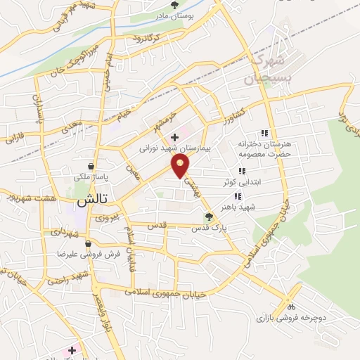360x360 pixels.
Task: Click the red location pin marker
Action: [x=181, y=166]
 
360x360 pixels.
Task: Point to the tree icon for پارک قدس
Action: [x=207, y=217]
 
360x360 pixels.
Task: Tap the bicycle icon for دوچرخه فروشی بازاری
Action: [x=291, y=306]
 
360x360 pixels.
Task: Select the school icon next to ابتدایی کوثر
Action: [x=241, y=170]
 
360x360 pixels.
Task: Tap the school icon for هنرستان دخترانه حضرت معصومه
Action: [x=264, y=132]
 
